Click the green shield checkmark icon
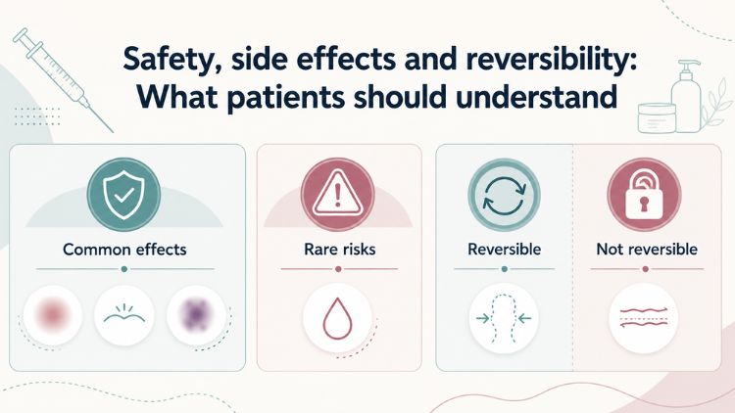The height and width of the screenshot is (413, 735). coord(123,195)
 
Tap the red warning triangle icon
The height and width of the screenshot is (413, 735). coord(337,195)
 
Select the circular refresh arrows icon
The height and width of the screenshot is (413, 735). coord(505,195)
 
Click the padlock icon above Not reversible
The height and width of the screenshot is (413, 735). coord(644,195)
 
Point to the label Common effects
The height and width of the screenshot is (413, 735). coord(124,250)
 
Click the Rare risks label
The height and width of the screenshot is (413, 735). coord(340,250)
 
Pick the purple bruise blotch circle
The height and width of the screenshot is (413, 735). coord(197,315)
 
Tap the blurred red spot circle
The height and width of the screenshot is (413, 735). coord(53,315)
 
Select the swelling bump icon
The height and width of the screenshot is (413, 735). coord(124,315)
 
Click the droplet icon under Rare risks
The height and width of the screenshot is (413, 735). coord(337,318)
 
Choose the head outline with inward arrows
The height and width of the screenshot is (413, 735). coord(504,318)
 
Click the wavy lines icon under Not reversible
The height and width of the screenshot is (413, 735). coord(644,317)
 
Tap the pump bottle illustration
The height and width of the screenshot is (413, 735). coord(686,96)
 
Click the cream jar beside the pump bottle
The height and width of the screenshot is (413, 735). coord(657,118)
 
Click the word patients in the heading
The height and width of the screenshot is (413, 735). coord(286,97)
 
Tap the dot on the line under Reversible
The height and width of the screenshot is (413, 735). coord(505,269)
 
